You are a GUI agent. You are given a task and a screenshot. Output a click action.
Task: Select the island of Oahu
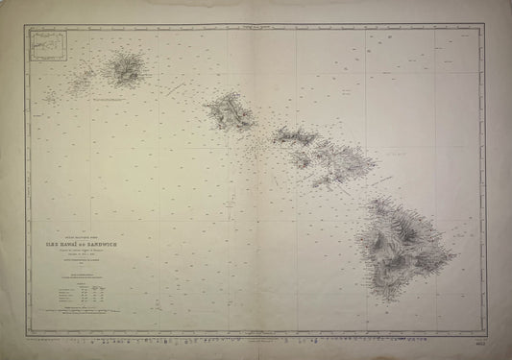[x=229, y=111]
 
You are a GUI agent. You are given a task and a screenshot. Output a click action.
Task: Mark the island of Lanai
[x=300, y=159]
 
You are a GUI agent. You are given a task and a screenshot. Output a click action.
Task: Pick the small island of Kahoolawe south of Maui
[x=324, y=180]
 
